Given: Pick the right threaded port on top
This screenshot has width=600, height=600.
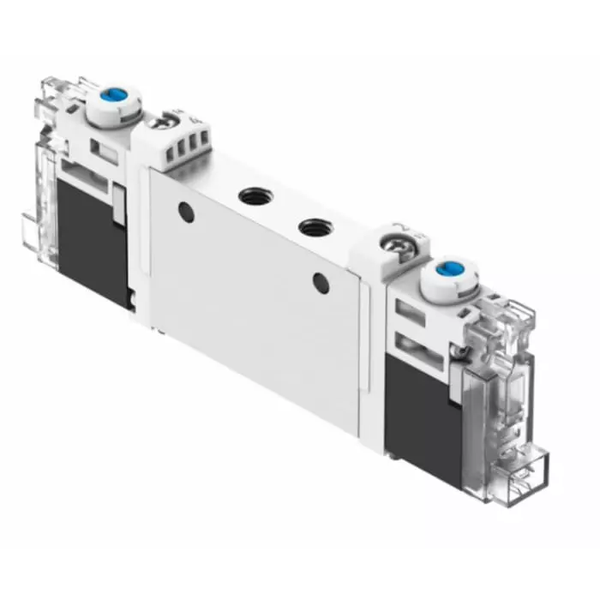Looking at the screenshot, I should click(309, 229).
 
